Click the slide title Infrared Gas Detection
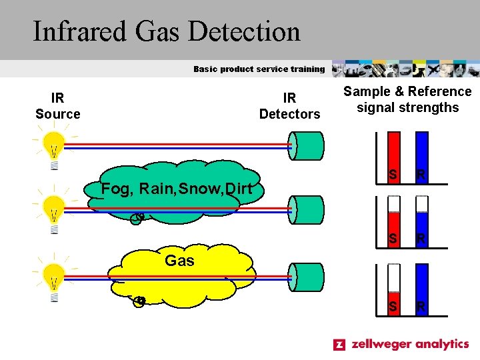click(167, 31)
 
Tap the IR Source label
click(58, 106)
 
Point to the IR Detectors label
click(289, 106)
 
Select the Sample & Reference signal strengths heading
click(407, 99)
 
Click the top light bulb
click(53, 148)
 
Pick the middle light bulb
click(53, 212)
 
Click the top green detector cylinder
click(307, 146)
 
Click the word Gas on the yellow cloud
click(179, 261)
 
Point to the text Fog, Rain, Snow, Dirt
click(177, 189)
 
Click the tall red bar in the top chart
click(394, 157)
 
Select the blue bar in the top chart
click(421, 157)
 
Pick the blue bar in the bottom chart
click(421, 289)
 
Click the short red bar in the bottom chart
click(394, 303)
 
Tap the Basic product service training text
click(259, 69)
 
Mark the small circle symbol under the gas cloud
click(139, 301)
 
